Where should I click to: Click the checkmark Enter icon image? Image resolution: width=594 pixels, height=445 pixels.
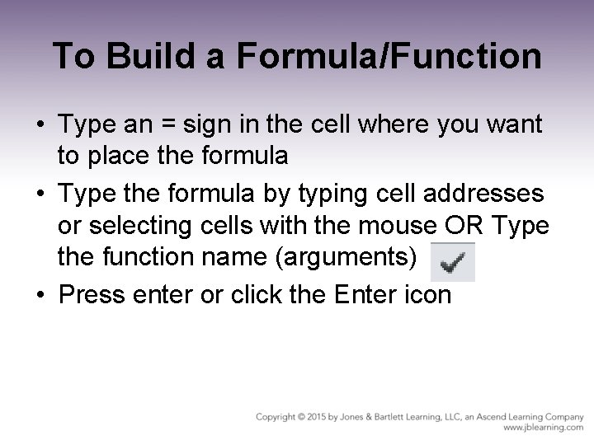453,262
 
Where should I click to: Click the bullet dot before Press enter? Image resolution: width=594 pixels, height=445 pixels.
41,295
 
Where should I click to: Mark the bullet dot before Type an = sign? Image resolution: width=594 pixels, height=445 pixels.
41,126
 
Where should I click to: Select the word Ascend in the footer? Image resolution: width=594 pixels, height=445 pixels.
477,418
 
